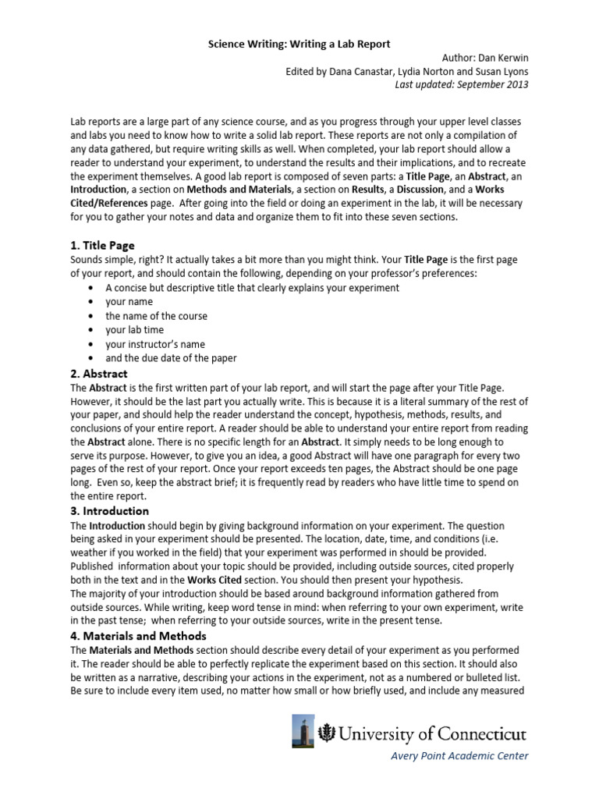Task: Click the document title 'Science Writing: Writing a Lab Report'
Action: pos(299,44)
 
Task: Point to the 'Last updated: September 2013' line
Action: pos(463,84)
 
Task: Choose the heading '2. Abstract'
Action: pos(99,374)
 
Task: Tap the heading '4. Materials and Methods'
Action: pos(138,636)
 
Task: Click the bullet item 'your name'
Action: pos(129,302)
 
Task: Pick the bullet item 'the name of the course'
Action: pos(157,316)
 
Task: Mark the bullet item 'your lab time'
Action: pos(135,330)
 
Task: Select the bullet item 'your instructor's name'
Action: pos(156,344)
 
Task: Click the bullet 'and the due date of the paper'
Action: pos(172,358)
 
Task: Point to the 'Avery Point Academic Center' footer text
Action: pos(460,755)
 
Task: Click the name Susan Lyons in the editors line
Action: pos(501,71)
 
